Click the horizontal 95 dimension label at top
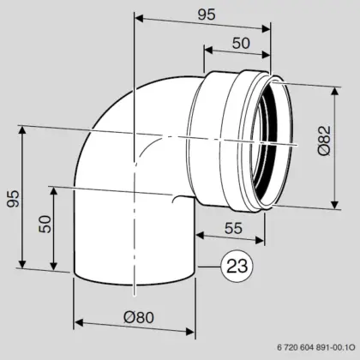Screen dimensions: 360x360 (207, 15)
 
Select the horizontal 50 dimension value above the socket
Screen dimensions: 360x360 (241, 43)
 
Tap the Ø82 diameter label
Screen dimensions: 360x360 (324, 141)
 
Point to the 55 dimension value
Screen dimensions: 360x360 (233, 228)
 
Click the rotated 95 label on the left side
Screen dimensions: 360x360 (14, 198)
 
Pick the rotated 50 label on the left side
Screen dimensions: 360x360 (45, 224)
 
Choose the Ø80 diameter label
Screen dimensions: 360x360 (139, 317)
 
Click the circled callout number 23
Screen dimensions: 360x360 (237, 267)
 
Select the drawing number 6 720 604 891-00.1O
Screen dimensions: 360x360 (316, 347)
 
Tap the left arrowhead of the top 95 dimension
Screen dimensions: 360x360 (139, 18)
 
